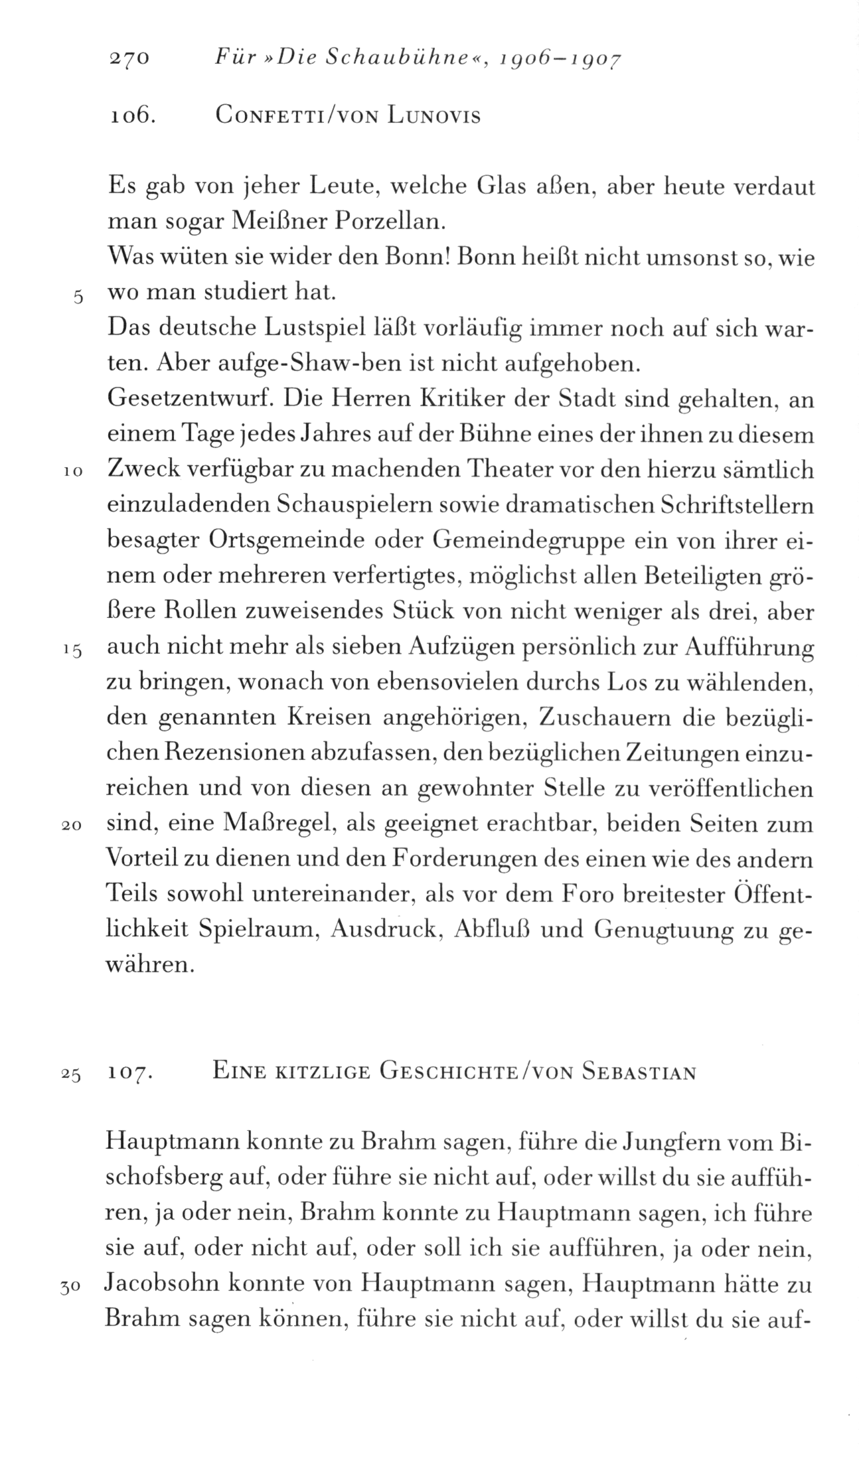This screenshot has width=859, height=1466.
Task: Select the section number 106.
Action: point(131,117)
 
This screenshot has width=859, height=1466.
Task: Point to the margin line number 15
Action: point(73,651)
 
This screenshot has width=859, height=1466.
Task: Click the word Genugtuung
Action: point(660,930)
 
